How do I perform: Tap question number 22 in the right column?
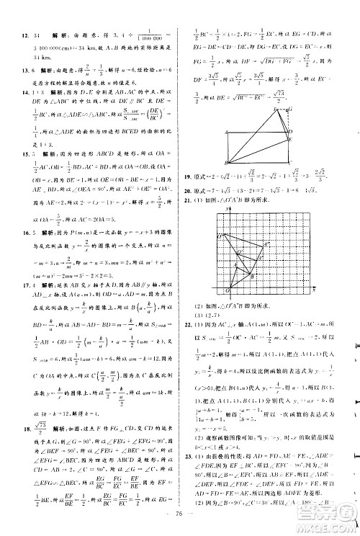coord(190,326)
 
